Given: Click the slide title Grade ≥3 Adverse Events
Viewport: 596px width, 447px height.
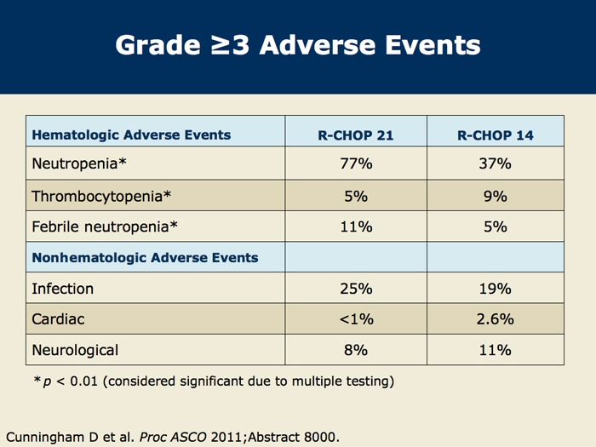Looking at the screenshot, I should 298,44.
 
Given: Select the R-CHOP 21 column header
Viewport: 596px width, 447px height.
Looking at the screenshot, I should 356,135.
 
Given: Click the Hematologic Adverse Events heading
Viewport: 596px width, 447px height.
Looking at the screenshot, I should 131,135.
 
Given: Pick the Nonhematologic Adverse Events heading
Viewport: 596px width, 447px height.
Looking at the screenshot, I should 145,257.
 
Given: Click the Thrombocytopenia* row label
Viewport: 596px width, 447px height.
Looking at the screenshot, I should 101,196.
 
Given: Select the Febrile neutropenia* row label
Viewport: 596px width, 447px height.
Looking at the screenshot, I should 104,226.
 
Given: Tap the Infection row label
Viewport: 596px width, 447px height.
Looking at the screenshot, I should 62,289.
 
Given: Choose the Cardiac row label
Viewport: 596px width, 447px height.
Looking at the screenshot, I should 59,319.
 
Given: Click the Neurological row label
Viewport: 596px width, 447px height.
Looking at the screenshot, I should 75,350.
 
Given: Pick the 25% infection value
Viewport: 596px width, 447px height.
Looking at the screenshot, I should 356,289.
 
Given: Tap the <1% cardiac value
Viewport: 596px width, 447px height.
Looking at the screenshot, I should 356,319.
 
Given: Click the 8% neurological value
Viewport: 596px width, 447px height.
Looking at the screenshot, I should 356,350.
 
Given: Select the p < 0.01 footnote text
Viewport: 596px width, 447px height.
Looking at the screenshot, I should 213,381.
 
